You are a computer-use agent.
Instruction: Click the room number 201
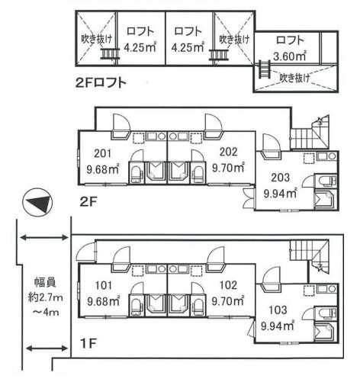point(102,153)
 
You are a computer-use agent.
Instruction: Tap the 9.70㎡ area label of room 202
point(228,168)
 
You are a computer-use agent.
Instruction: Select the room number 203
point(280,178)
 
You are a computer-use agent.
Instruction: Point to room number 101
point(104,285)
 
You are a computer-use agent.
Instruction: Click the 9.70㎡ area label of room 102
point(228,301)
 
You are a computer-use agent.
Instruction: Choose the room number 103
point(278,310)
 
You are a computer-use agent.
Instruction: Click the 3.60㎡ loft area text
point(290,56)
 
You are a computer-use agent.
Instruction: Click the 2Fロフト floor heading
point(101,83)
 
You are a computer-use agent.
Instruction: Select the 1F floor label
point(88,344)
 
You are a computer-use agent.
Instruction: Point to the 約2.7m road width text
point(45,297)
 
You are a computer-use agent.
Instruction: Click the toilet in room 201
point(137,174)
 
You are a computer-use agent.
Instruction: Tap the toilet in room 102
point(198,306)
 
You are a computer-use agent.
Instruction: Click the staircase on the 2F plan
point(310,133)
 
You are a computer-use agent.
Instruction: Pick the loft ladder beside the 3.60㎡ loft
point(264,69)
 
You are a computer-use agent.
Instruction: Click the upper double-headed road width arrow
point(44,238)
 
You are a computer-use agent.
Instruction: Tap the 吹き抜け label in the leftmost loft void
point(96,39)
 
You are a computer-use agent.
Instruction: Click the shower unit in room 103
point(326,332)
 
